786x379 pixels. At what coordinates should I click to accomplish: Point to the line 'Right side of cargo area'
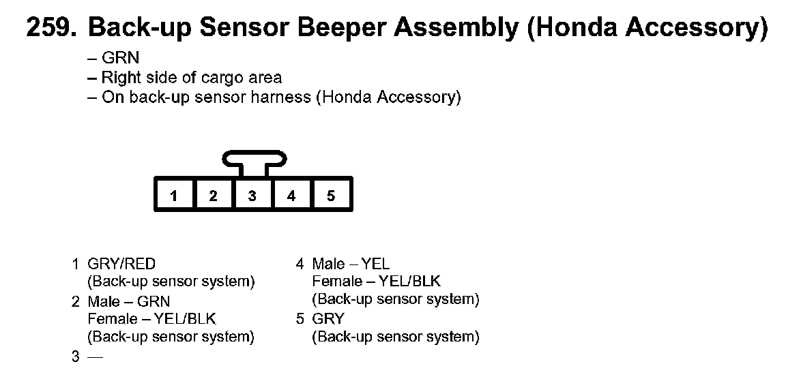191,78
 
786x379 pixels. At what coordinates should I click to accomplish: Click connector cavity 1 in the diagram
174,196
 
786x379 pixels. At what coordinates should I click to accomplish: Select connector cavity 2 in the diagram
213,196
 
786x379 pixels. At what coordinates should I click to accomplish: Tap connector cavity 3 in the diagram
252,196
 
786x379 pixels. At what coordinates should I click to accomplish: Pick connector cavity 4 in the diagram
291,196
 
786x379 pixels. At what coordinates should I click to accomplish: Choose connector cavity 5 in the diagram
331,196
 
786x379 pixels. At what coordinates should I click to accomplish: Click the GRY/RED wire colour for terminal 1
121,264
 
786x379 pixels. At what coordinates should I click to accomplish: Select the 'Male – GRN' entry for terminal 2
129,301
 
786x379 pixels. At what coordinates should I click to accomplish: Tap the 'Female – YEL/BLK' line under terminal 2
151,318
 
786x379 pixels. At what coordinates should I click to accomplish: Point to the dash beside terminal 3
95,357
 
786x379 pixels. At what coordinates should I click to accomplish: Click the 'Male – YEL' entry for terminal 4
351,264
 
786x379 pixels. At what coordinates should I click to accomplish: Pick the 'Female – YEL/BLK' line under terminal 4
376,281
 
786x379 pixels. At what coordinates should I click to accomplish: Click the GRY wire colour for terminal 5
328,318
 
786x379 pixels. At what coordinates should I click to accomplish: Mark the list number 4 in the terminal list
300,264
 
